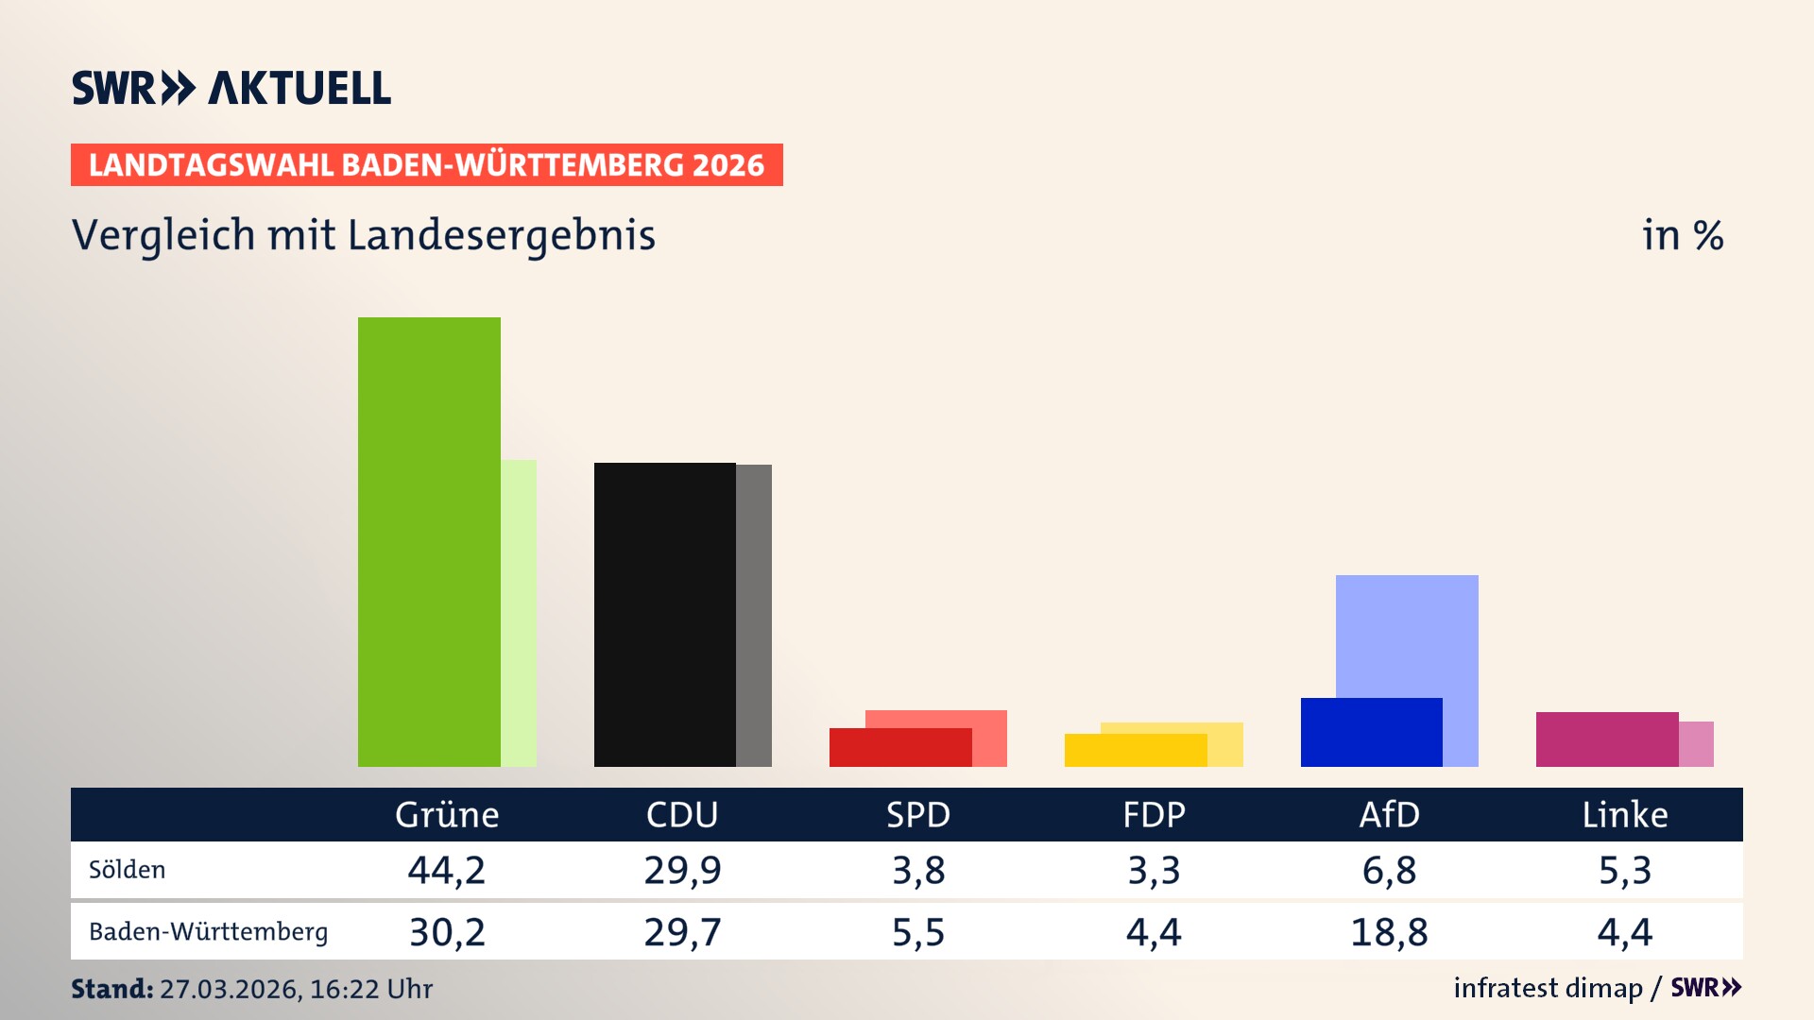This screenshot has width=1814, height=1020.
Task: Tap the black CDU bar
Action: pyautogui.click(x=664, y=614)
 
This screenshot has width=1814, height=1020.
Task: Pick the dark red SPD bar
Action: pyautogui.click(x=899, y=748)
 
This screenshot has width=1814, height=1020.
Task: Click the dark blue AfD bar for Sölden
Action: pyautogui.click(x=1371, y=732)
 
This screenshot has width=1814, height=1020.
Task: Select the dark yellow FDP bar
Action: pyautogui.click(x=1135, y=751)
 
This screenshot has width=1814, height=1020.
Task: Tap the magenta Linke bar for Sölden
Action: pyautogui.click(x=1606, y=739)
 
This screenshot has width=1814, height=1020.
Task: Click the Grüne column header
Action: pyautogui.click(x=447, y=815)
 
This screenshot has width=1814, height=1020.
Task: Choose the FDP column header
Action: pyautogui.click(x=1154, y=815)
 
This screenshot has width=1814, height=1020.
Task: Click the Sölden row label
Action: pyautogui.click(x=127, y=870)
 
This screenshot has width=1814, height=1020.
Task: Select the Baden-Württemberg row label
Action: pyautogui.click(x=208, y=932)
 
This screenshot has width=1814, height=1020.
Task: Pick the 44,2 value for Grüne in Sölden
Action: pyautogui.click(x=447, y=870)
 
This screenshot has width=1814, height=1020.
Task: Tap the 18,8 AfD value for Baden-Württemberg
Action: pyautogui.click(x=1389, y=932)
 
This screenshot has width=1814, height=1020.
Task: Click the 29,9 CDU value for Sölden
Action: pyautogui.click(x=682, y=870)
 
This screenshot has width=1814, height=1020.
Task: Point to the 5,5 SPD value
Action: pyautogui.click(x=918, y=932)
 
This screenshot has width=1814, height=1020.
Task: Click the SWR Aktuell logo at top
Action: pyautogui.click(x=231, y=88)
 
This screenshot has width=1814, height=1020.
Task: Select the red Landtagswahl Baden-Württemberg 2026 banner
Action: pyautogui.click(x=426, y=165)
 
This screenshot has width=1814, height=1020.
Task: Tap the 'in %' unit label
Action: pyautogui.click(x=1682, y=235)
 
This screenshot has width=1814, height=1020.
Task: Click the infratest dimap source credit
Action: pyautogui.click(x=1548, y=988)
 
